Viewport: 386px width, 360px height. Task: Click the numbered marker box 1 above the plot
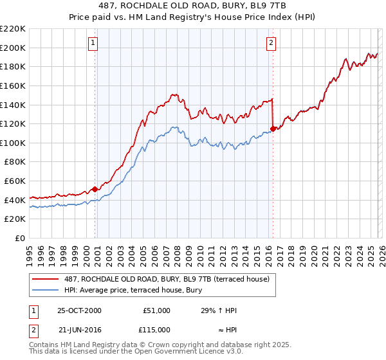[x=93, y=43]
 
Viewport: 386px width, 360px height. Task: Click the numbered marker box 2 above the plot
[x=271, y=43]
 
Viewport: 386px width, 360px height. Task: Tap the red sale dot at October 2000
[x=95, y=189]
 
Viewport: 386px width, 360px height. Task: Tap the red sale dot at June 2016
[x=273, y=129]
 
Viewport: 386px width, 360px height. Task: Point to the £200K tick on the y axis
[x=13, y=48]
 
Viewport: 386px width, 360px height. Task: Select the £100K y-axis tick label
[x=13, y=143]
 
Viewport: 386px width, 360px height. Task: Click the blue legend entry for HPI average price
[x=133, y=290]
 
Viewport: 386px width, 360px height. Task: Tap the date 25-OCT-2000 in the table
[x=79, y=310]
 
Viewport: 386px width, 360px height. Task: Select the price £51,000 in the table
[x=156, y=310]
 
